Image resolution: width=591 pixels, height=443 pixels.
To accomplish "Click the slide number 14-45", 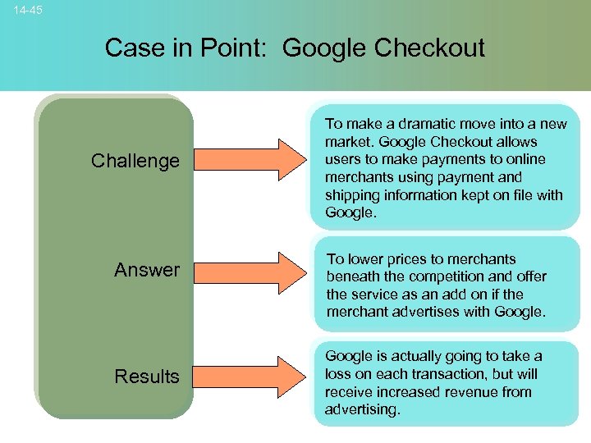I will coord(29,10).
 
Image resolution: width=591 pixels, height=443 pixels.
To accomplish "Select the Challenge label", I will coord(135,161).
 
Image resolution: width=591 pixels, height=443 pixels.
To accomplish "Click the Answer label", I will coord(147,270).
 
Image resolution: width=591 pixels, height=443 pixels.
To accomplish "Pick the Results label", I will coord(147,377).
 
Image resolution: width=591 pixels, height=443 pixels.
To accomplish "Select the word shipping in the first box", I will coord(351,195).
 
